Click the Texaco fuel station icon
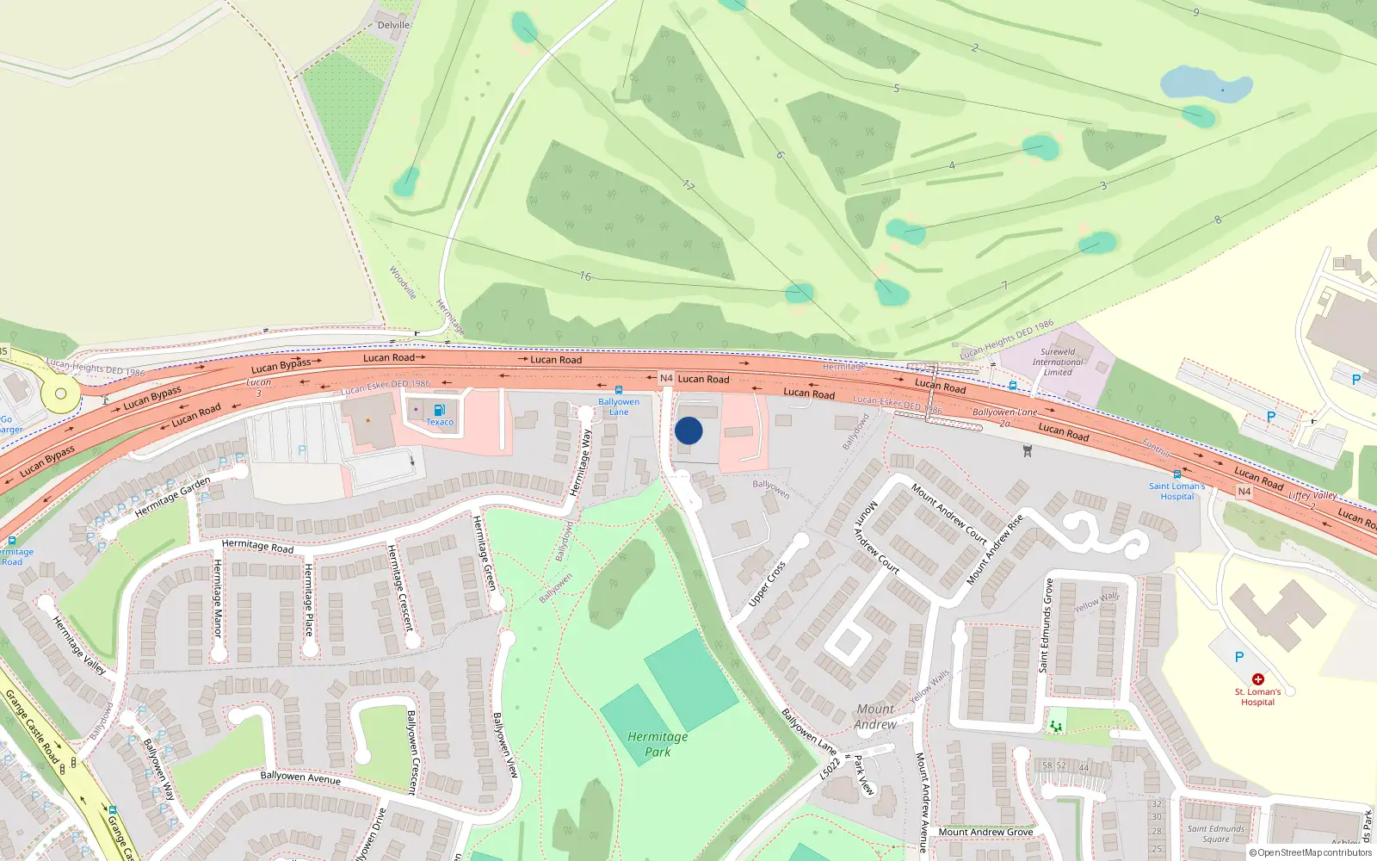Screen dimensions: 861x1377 point(439,410)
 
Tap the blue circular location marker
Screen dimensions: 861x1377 point(688,430)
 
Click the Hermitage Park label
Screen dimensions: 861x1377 point(658,744)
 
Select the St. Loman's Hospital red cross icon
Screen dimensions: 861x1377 point(1257,679)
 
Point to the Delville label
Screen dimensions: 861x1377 point(393,25)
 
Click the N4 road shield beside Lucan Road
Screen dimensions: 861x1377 point(666,378)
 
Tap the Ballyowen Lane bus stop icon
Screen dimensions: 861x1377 point(618,391)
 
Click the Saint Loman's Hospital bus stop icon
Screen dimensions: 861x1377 point(1176,474)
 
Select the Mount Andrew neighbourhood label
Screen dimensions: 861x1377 point(875,716)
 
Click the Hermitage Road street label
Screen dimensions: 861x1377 point(257,546)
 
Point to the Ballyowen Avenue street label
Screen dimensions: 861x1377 point(300,777)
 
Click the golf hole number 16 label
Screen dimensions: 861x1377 point(585,276)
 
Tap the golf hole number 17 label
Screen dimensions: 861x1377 point(688,185)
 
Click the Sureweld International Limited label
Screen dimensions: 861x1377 point(1058,362)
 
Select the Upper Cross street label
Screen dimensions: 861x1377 point(767,584)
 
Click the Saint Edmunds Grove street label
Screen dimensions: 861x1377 point(1047,626)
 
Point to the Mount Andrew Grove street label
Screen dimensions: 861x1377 point(985,832)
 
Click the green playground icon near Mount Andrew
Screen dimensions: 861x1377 point(1055,726)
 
